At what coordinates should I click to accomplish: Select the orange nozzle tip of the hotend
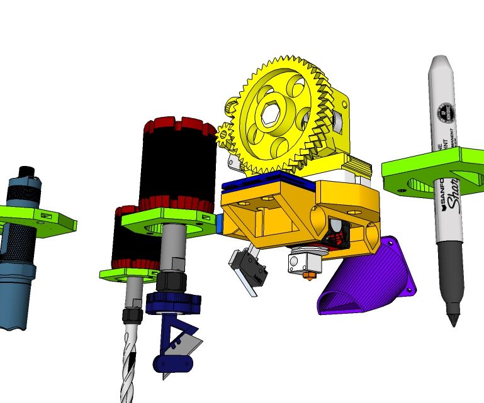click(x=308, y=275)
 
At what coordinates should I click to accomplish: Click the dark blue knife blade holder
click(x=173, y=302)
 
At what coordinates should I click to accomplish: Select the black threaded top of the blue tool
click(x=26, y=172)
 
